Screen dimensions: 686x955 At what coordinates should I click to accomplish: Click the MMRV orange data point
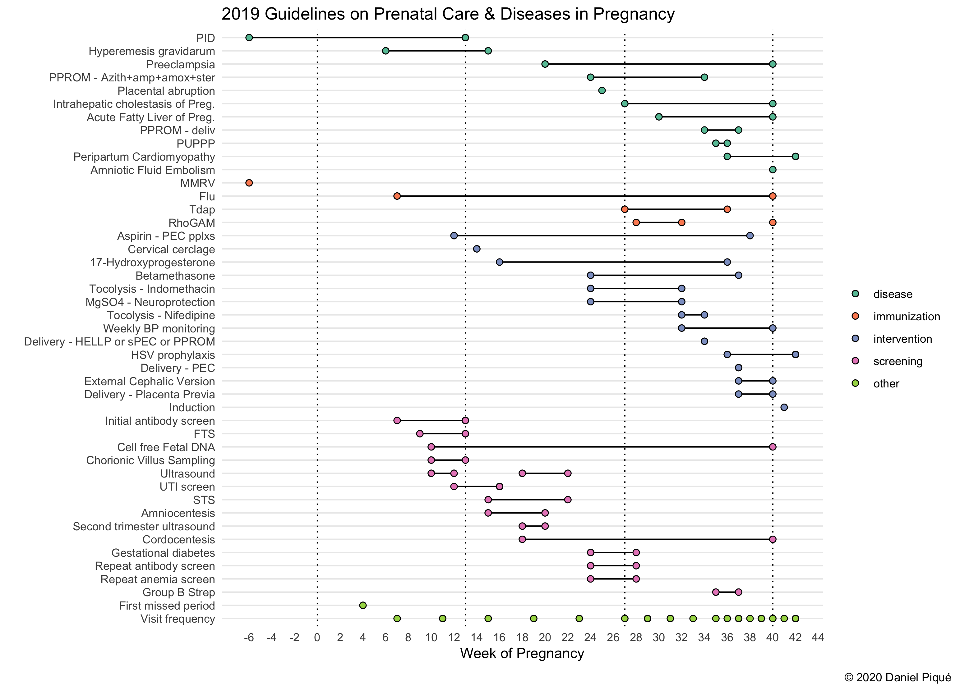(249, 183)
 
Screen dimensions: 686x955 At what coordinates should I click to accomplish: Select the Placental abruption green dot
(602, 90)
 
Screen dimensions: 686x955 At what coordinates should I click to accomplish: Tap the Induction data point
(784, 407)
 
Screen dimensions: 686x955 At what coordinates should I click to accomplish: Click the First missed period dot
(362, 605)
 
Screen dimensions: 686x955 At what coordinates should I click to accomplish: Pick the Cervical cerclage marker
(476, 249)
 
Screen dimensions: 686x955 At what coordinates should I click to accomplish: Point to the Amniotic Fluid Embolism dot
(772, 170)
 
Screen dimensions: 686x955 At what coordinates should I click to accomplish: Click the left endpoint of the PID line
(249, 38)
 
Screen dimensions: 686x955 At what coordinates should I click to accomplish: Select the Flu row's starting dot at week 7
(397, 196)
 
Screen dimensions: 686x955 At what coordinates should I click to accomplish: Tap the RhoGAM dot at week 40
(772, 222)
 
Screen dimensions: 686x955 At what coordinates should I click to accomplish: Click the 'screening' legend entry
(897, 361)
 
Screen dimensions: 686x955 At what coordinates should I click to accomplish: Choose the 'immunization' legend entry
(906, 317)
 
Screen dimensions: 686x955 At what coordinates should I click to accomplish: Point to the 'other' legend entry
(886, 383)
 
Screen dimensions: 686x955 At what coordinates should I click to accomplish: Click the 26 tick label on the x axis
(613, 637)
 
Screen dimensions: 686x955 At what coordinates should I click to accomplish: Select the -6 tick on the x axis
(249, 637)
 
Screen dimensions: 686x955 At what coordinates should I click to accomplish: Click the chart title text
(448, 14)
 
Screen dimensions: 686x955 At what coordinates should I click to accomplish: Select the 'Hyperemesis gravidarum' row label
(152, 51)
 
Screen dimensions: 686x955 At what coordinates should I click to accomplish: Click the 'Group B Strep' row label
(178, 592)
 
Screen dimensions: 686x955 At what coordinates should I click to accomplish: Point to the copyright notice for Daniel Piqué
(897, 677)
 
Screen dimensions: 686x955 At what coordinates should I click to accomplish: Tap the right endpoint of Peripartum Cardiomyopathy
(795, 157)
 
